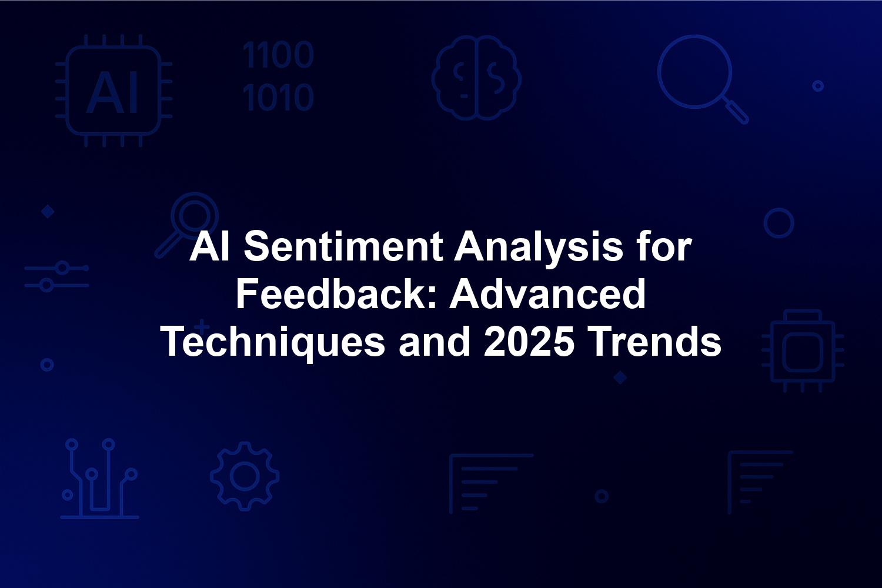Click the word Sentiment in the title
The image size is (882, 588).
(x=343, y=247)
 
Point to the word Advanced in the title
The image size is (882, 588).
(x=547, y=294)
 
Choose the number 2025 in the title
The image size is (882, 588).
(x=529, y=342)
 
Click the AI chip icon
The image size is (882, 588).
(x=114, y=91)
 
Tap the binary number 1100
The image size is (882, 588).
(x=278, y=55)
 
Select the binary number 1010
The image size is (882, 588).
(x=278, y=97)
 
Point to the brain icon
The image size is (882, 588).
(x=476, y=78)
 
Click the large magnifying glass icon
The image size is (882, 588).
(x=703, y=79)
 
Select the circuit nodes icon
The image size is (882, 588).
(x=99, y=478)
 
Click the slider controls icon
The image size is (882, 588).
(x=56, y=276)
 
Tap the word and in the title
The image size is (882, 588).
(x=435, y=342)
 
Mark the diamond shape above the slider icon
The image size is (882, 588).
(x=48, y=212)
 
